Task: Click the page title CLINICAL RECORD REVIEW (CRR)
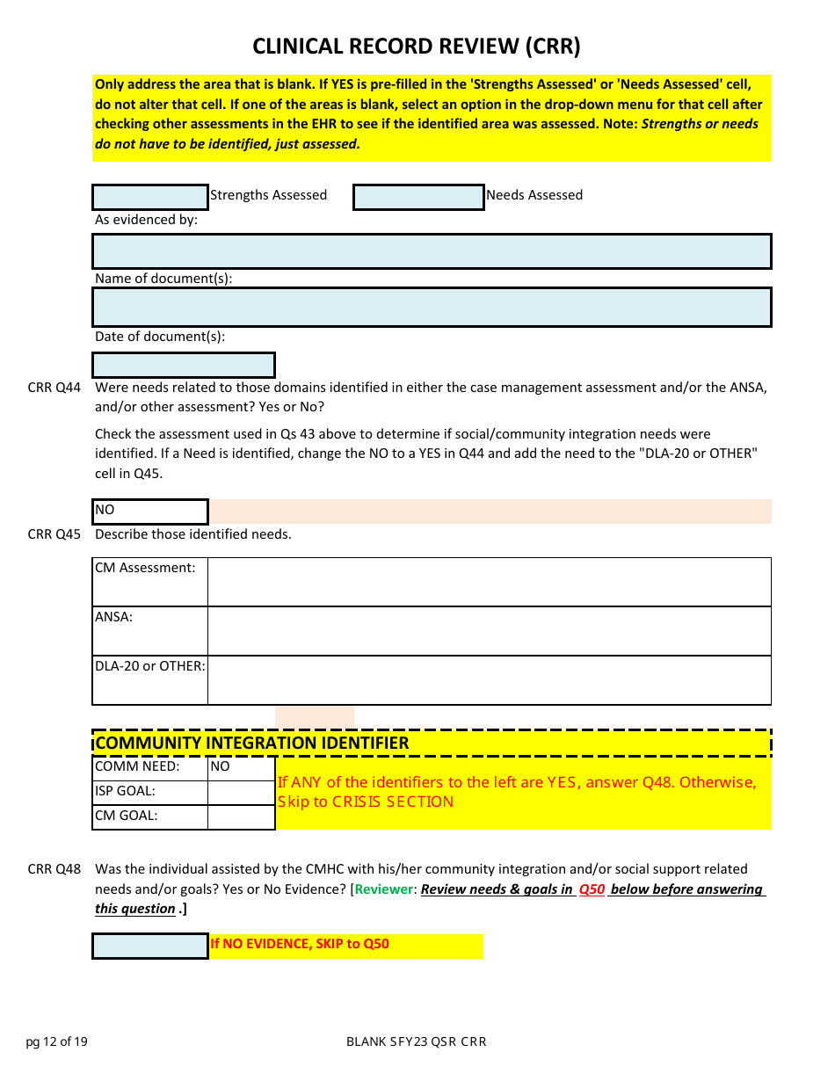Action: [417, 46]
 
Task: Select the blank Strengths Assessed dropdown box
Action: [150, 197]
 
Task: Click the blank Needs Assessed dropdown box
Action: [418, 197]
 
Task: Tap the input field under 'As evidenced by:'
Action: [432, 251]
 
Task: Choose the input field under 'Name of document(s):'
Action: [432, 308]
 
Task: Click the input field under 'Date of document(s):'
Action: [184, 365]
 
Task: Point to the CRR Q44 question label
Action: [54, 388]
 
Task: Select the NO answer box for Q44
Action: [150, 511]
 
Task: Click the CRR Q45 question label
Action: [54, 534]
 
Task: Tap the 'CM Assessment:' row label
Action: [145, 569]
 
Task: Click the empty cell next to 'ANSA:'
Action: [489, 631]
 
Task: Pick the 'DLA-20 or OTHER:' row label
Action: [149, 666]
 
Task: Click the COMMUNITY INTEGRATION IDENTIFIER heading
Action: [252, 743]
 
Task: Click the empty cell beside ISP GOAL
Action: [241, 792]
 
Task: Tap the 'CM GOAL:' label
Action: [127, 816]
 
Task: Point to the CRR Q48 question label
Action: [54, 869]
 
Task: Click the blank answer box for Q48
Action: [150, 946]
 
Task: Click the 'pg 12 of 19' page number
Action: [57, 1042]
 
